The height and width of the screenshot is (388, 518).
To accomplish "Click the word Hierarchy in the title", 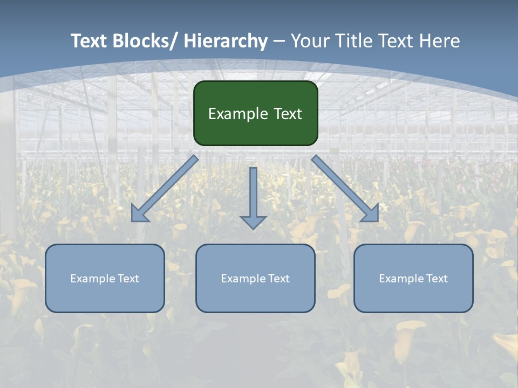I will (x=226, y=41).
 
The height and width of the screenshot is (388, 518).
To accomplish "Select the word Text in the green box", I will (x=288, y=114).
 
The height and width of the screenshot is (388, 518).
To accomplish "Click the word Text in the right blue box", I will (x=436, y=279).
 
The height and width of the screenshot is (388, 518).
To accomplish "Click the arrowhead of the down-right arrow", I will (x=371, y=214).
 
